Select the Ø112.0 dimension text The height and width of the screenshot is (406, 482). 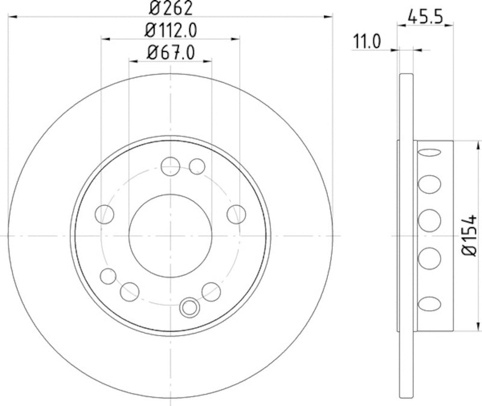(x=172, y=29)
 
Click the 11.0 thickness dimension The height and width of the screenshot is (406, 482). (x=368, y=42)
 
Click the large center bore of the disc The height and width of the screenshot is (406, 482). (x=171, y=235)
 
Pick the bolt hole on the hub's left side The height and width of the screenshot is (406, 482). (x=105, y=214)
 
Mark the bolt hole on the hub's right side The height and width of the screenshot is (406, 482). (x=236, y=214)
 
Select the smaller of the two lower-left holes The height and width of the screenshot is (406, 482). (x=108, y=276)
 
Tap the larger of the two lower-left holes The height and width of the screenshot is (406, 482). (x=129, y=292)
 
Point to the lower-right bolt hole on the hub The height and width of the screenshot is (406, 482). (x=211, y=291)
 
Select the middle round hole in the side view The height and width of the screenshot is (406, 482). (x=430, y=220)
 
